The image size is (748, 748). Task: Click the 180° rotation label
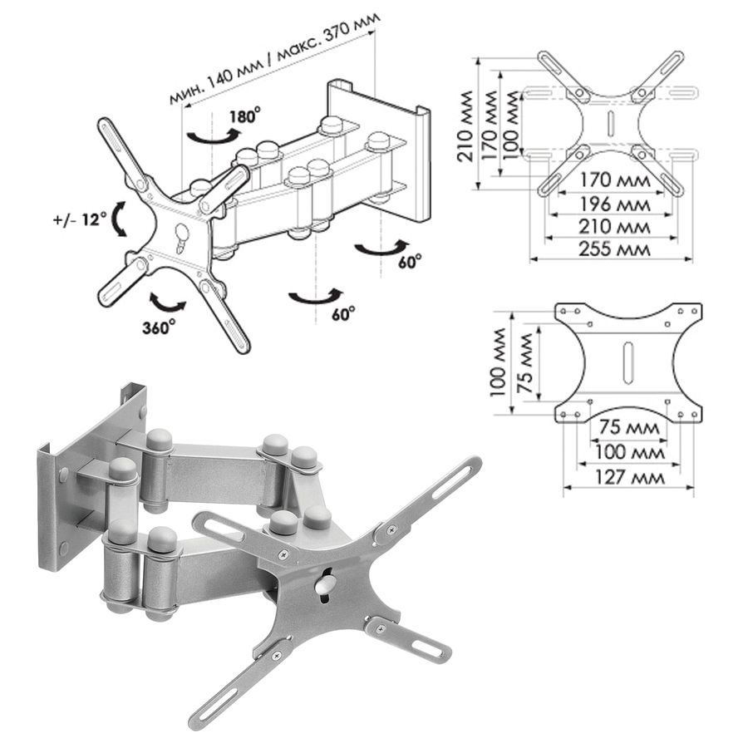pyautogui.click(x=244, y=115)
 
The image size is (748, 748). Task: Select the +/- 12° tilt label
pyautogui.click(x=80, y=219)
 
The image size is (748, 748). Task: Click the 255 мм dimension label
pyautogui.click(x=614, y=249)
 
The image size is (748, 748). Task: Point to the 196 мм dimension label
pyautogui.click(x=614, y=204)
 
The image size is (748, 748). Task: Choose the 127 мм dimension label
pyautogui.click(x=629, y=476)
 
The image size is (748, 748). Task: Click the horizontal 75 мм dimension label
pyautogui.click(x=629, y=426)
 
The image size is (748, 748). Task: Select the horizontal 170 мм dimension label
pyautogui.click(x=614, y=180)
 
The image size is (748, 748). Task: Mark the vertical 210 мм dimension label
pyautogui.click(x=465, y=126)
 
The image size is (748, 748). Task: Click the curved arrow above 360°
pyautogui.click(x=167, y=302)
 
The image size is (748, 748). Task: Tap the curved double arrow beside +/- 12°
pyautogui.click(x=119, y=219)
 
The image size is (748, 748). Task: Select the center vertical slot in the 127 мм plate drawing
pyautogui.click(x=627, y=362)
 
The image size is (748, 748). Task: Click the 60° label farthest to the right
pyautogui.click(x=411, y=260)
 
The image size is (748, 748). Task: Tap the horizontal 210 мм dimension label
pyautogui.click(x=614, y=227)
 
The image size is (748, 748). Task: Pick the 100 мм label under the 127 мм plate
pyautogui.click(x=629, y=451)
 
